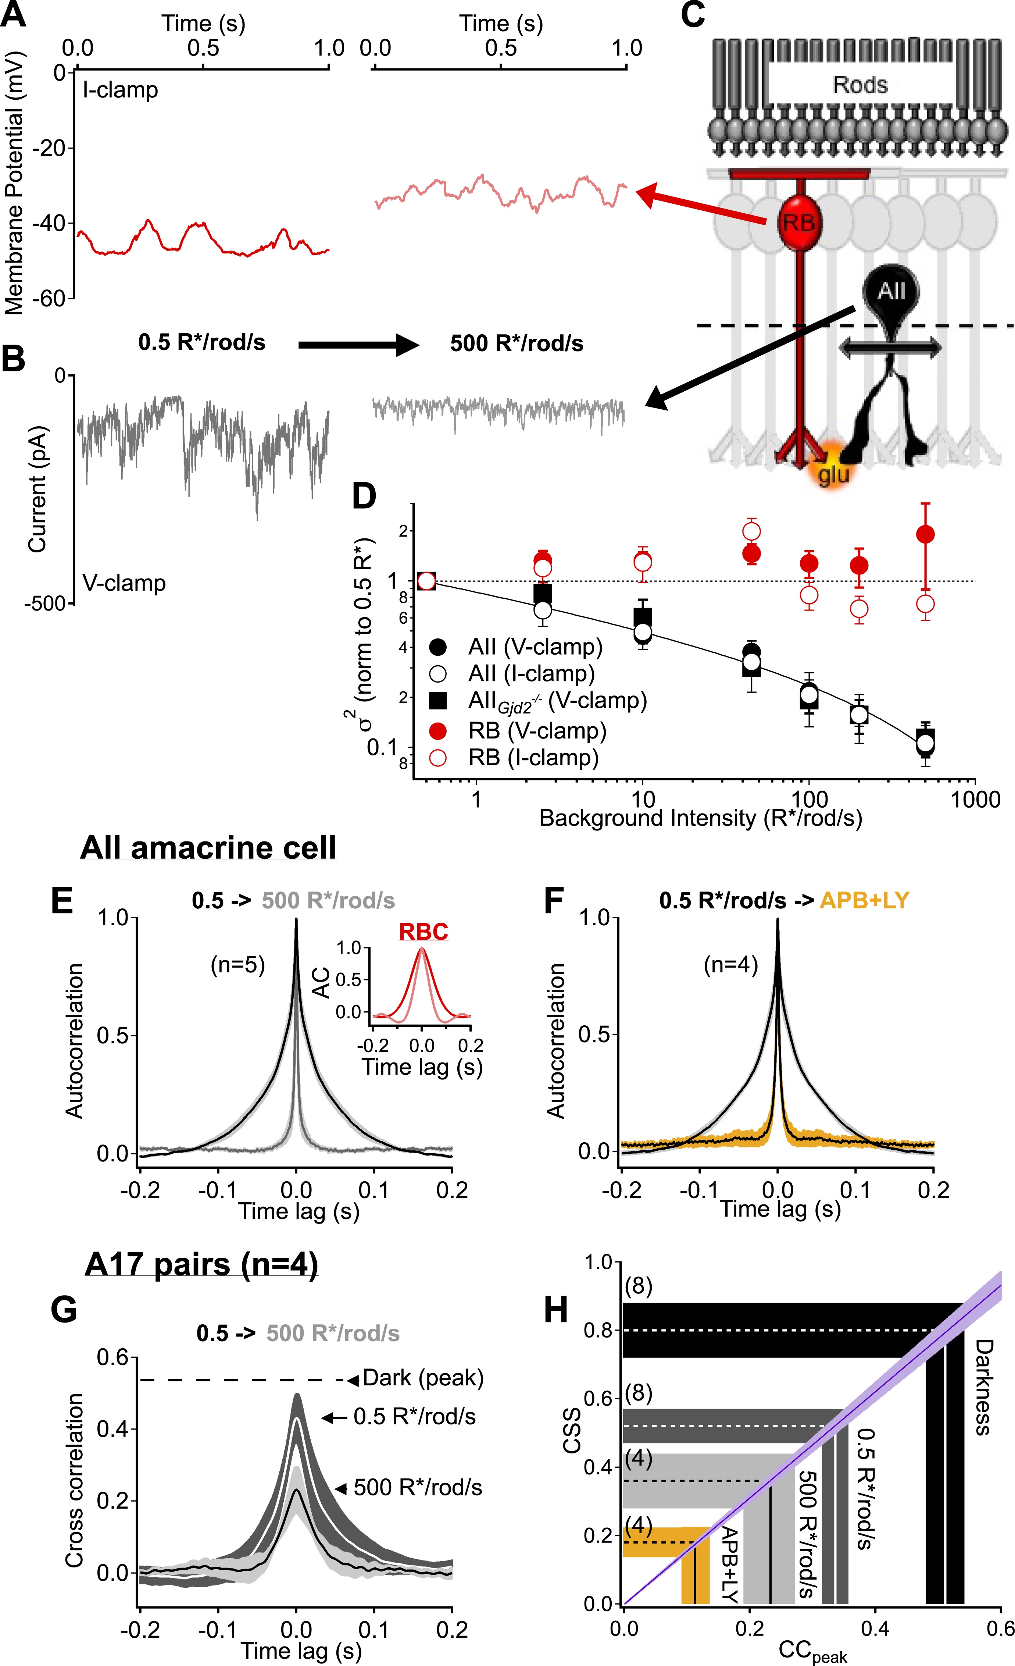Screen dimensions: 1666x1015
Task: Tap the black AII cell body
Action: [891, 291]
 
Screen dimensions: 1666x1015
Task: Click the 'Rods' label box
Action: [859, 85]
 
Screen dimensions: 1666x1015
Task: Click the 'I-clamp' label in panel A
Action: [120, 90]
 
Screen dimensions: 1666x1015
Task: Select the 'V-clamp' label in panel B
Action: [124, 583]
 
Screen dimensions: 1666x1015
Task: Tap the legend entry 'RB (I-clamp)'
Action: [533, 757]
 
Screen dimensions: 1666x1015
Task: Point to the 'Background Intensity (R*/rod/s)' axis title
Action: [700, 818]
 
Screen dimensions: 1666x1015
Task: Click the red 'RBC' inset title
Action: [423, 932]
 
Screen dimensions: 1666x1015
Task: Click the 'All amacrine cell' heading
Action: [208, 847]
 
